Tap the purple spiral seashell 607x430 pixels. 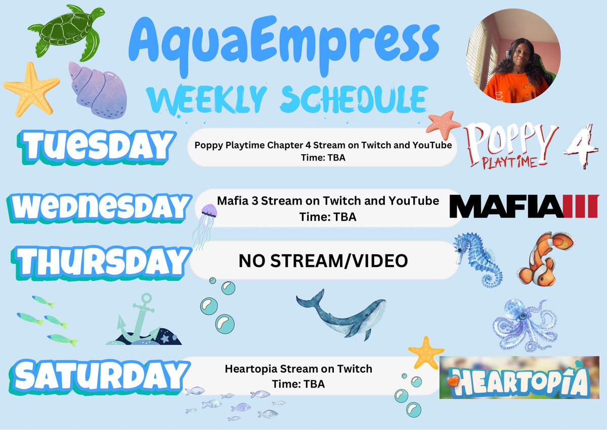(x=96, y=89)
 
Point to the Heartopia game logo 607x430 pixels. (x=518, y=378)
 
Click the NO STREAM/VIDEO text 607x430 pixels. (x=323, y=261)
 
